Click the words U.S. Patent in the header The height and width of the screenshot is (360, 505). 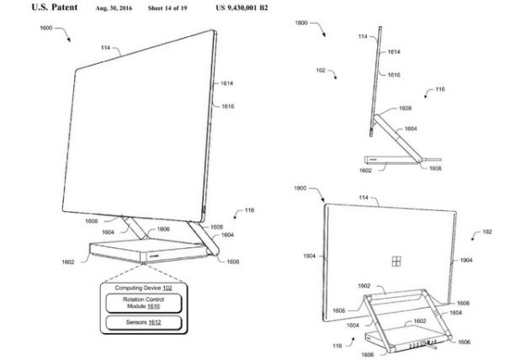tap(55, 8)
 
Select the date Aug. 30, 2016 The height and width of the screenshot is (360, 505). tap(114, 8)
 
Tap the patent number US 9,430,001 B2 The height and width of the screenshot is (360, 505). tap(242, 8)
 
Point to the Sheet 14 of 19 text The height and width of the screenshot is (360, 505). tap(167, 8)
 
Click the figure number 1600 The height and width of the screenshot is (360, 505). tap(46, 28)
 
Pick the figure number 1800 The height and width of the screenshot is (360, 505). tap(301, 23)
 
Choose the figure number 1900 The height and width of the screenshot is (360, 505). tap(300, 188)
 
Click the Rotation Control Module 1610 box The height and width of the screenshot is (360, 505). tap(144, 303)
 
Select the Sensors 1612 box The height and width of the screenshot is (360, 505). tap(144, 322)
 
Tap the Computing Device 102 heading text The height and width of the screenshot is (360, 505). tap(144, 288)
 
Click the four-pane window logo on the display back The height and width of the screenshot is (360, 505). tap(396, 262)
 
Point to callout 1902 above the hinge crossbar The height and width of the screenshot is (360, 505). tap(364, 286)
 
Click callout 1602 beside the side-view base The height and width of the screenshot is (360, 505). tap(365, 171)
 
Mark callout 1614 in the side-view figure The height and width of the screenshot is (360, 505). tap(394, 52)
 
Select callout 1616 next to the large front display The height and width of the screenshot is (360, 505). tap(228, 106)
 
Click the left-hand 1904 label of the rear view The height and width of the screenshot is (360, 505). tap(309, 256)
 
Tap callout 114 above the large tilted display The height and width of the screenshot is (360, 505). tap(106, 48)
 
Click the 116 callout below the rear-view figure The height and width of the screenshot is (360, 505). tap(338, 346)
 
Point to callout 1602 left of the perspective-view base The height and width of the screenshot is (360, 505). tap(68, 262)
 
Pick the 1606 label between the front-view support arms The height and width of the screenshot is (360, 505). tap(163, 229)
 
